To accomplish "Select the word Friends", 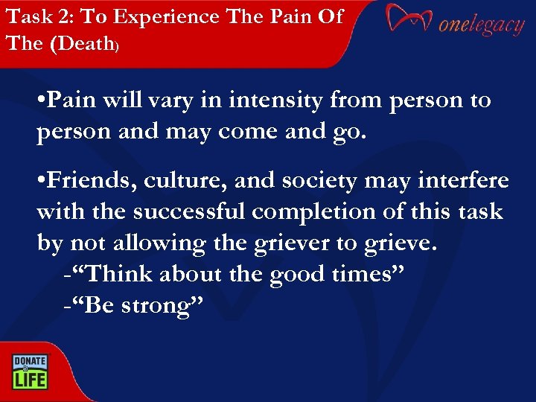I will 83,181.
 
